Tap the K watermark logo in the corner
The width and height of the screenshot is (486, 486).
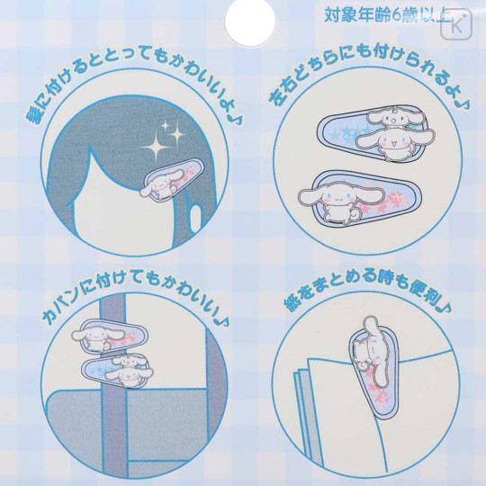(x=456, y=25)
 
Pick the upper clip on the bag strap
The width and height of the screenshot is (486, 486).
(x=111, y=337)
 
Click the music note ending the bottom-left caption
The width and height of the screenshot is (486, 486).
(x=220, y=319)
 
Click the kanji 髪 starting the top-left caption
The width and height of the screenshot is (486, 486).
(x=35, y=114)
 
